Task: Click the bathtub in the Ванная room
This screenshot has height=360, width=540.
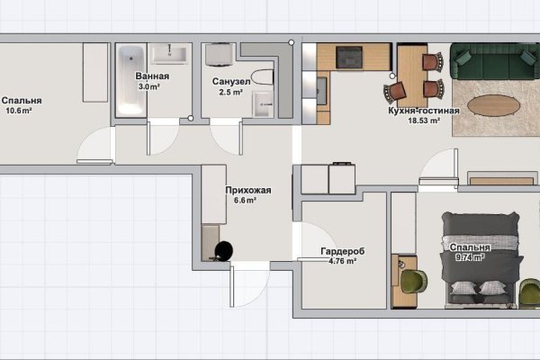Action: tap(130, 81)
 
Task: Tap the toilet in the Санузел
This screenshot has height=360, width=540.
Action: tap(263, 77)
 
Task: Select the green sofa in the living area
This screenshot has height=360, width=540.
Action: tap(495, 61)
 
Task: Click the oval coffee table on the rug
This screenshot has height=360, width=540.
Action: tap(493, 105)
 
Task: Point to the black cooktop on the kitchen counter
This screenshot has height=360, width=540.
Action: tap(349, 58)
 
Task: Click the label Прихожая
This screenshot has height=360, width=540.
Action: tap(248, 190)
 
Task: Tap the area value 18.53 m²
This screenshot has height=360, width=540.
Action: tap(424, 121)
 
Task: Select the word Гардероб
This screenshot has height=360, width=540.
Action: tap(342, 251)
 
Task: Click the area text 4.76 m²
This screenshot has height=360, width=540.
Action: tap(342, 261)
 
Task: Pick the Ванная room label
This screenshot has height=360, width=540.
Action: tap(152, 76)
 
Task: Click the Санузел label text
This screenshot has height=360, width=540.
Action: tap(231, 82)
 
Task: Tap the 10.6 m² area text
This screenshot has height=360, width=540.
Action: tap(19, 111)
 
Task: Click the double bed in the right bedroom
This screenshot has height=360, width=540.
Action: tap(481, 260)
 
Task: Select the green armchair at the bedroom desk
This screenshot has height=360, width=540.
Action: tap(414, 281)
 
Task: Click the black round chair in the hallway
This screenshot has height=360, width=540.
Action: tap(224, 250)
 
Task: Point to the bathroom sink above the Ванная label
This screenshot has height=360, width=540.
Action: tap(169, 54)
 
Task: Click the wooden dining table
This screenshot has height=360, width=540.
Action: tap(412, 76)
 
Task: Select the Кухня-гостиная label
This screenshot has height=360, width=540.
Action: tap(424, 111)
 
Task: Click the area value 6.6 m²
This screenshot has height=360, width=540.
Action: tap(245, 200)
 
